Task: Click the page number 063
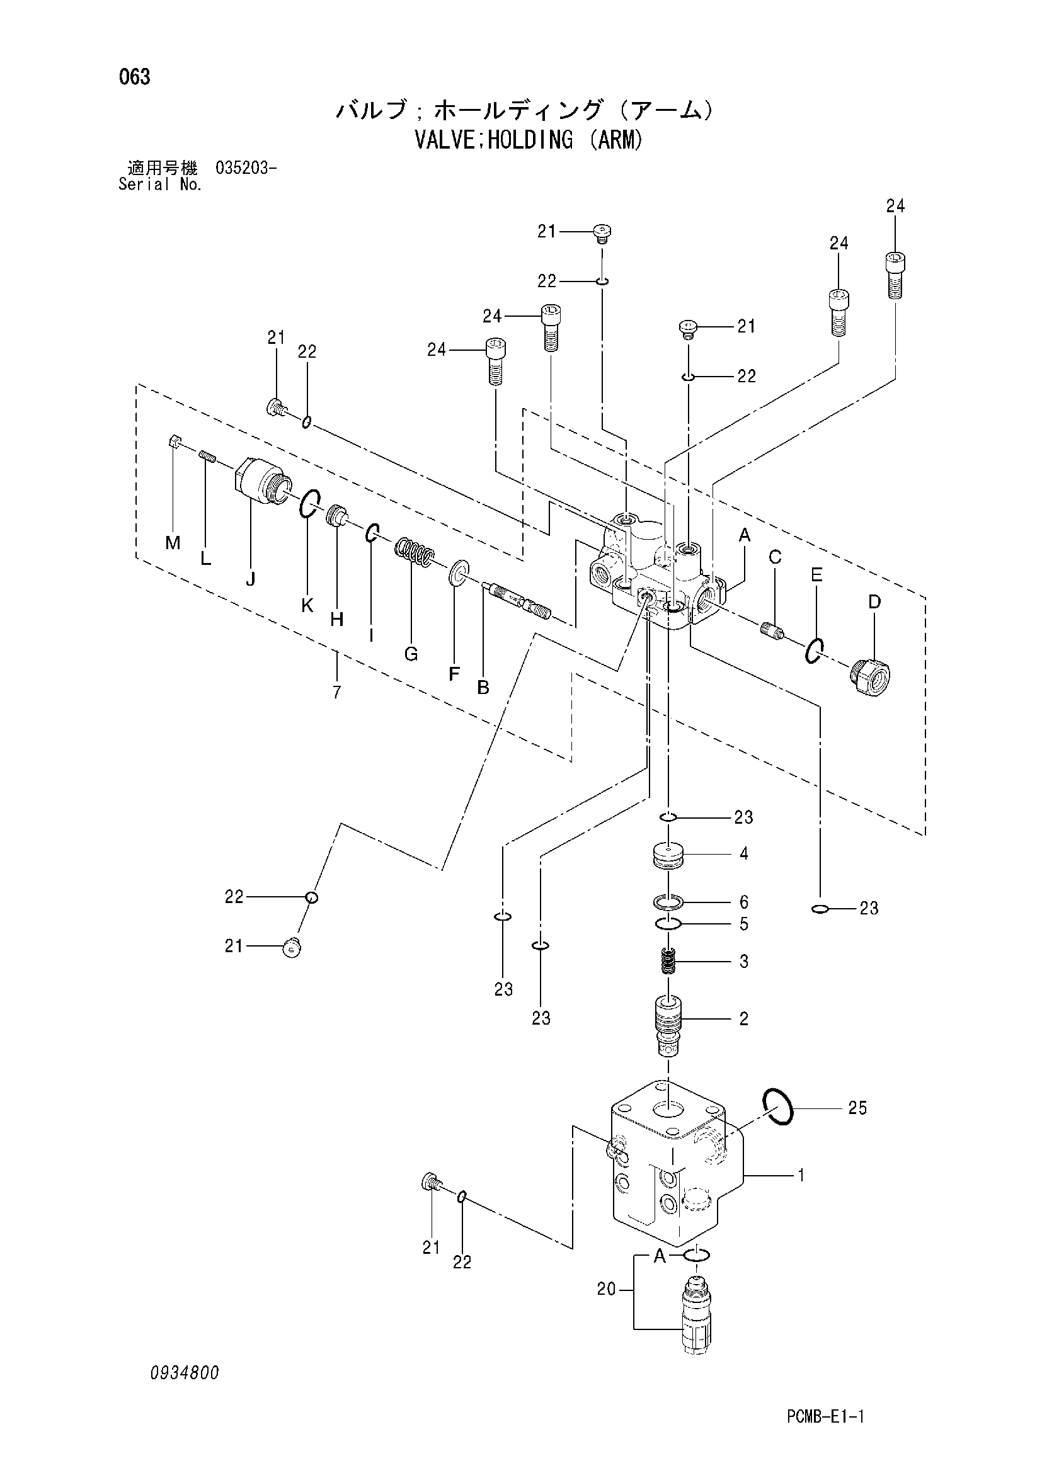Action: [x=135, y=77]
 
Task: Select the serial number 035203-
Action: [x=246, y=169]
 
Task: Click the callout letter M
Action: [x=173, y=543]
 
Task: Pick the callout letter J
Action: [x=250, y=579]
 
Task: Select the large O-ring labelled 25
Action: [x=778, y=1108]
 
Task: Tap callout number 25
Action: [x=857, y=1108]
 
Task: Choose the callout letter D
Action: [x=874, y=602]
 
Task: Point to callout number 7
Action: [x=337, y=692]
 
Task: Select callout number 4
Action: [x=743, y=854]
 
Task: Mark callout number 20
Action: [x=606, y=1289]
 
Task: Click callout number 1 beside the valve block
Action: [x=801, y=1175]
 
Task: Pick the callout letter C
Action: [x=775, y=557]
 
